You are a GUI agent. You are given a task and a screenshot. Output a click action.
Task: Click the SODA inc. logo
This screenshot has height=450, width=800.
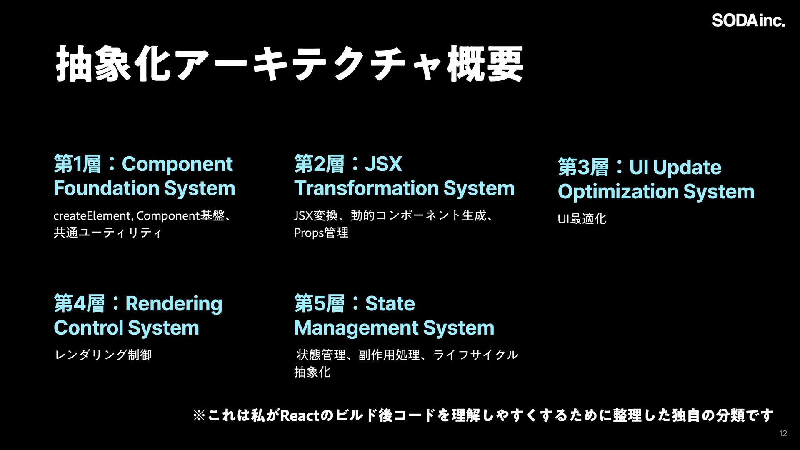[748, 20]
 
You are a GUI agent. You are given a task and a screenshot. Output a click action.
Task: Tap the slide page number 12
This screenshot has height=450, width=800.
[783, 434]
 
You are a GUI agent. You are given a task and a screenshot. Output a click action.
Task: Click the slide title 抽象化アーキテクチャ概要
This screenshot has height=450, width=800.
[289, 65]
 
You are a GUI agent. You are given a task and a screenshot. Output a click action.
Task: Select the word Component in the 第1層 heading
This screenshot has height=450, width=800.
[177, 164]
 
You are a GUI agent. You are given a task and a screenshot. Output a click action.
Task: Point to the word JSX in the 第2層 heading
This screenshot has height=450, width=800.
[383, 164]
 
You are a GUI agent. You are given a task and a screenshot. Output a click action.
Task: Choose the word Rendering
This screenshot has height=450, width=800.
[174, 304]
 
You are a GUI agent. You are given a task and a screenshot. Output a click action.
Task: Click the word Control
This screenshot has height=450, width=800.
[88, 328]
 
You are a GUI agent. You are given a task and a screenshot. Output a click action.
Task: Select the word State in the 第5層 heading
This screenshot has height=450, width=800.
[390, 304]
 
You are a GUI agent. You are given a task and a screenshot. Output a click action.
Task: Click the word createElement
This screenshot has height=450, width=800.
[92, 216]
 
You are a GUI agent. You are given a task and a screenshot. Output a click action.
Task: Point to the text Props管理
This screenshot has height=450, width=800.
[321, 232]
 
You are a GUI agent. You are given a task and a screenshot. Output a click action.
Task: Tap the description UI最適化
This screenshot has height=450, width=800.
[582, 219]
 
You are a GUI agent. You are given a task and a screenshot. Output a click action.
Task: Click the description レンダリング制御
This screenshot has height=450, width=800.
[103, 355]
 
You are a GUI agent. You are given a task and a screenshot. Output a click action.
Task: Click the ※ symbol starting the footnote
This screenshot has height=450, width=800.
[199, 415]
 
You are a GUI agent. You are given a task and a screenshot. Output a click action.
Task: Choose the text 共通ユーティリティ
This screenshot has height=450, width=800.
[107, 232]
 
